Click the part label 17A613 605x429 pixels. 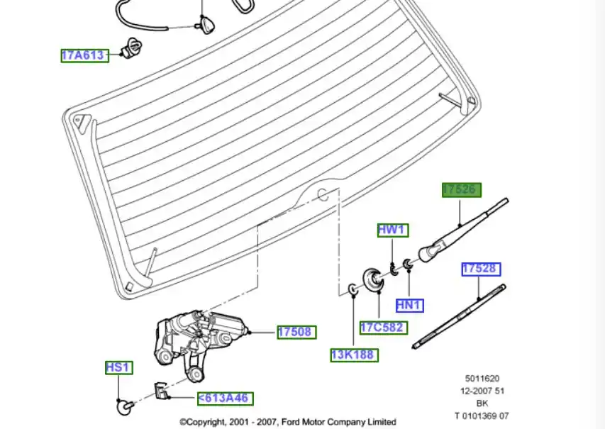pos(84,55)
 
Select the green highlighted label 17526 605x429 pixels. pos(461,190)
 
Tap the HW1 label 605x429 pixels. pos(392,230)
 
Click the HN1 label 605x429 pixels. pos(409,306)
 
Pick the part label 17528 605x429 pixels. pos(481,269)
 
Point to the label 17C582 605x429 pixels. pos(382,327)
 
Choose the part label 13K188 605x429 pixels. pos(354,355)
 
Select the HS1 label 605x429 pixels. pos(118,367)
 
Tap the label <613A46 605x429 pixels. pos(225,398)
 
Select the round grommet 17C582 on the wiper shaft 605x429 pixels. pos(372,279)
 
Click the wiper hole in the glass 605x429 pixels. pos(323,194)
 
